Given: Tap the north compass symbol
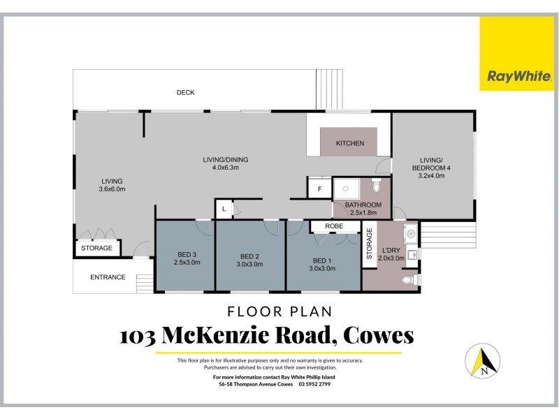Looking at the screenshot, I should tap(483, 362).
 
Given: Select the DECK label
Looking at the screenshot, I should tap(185, 93).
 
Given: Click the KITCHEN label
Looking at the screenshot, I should tap(350, 144).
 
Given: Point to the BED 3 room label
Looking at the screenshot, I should tap(187, 258).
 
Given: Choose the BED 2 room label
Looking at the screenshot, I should tap(249, 258).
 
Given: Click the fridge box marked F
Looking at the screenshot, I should tap(319, 189).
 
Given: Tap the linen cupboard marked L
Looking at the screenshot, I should tap(224, 209).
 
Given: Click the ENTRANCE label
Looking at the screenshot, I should tap(108, 277).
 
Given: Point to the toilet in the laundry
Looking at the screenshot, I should tap(408, 280).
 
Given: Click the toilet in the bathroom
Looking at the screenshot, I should tap(376, 186).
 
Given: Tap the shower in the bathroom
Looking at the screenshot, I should tap(344, 189).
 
